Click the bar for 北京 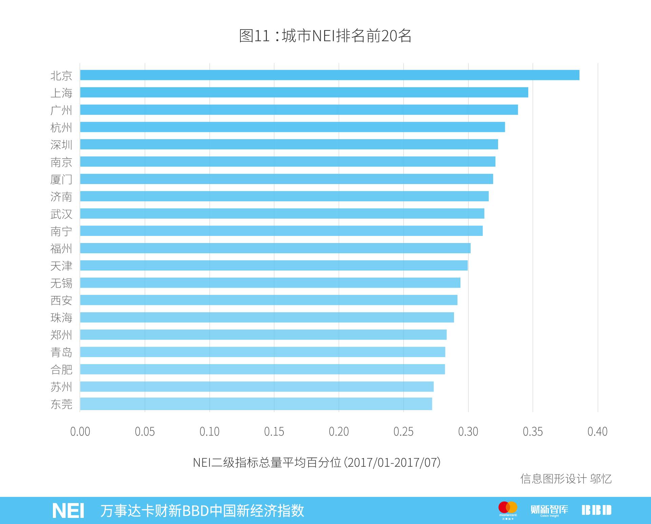(x=330, y=75)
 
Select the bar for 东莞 (x=256, y=404)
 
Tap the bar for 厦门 (x=287, y=179)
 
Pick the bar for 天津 (x=274, y=265)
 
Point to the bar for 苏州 (x=257, y=386)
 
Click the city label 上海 (x=61, y=93)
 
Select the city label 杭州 (x=61, y=127)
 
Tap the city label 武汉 (x=61, y=214)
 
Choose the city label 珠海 (x=61, y=318)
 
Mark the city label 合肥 (x=61, y=369)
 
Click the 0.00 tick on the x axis (x=80, y=431)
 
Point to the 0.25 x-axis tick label (x=403, y=431)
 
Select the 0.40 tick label (x=597, y=431)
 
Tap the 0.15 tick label (x=274, y=431)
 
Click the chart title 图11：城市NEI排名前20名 (x=325, y=36)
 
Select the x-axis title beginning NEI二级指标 (x=317, y=462)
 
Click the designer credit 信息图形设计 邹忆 (x=566, y=479)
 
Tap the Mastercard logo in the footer (x=508, y=509)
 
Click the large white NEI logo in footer (x=68, y=510)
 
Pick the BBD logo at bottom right (x=596, y=510)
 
